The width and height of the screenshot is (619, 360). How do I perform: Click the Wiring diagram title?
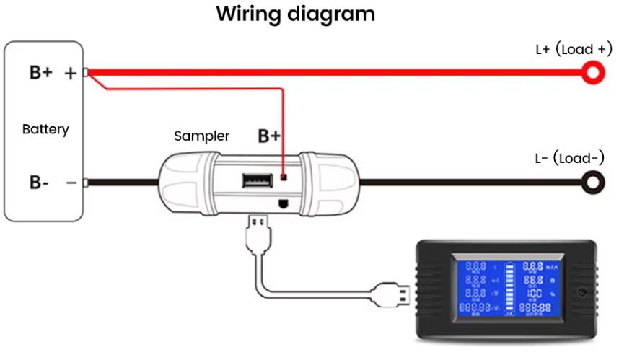(x=296, y=14)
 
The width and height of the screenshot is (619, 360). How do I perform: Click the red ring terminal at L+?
(x=593, y=71)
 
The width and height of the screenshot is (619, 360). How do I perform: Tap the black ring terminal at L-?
(x=593, y=182)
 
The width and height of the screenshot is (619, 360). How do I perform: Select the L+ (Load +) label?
(x=574, y=50)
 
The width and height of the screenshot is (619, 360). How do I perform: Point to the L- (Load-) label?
(x=569, y=159)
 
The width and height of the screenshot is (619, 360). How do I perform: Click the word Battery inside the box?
(x=45, y=130)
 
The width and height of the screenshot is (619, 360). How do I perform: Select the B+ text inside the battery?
(x=40, y=73)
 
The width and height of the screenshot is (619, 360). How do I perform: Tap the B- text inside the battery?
(x=39, y=183)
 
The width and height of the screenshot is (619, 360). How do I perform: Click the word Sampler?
(x=202, y=136)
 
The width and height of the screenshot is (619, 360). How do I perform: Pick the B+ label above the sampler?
(x=269, y=136)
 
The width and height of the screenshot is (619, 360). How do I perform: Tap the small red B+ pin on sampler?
(x=284, y=177)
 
